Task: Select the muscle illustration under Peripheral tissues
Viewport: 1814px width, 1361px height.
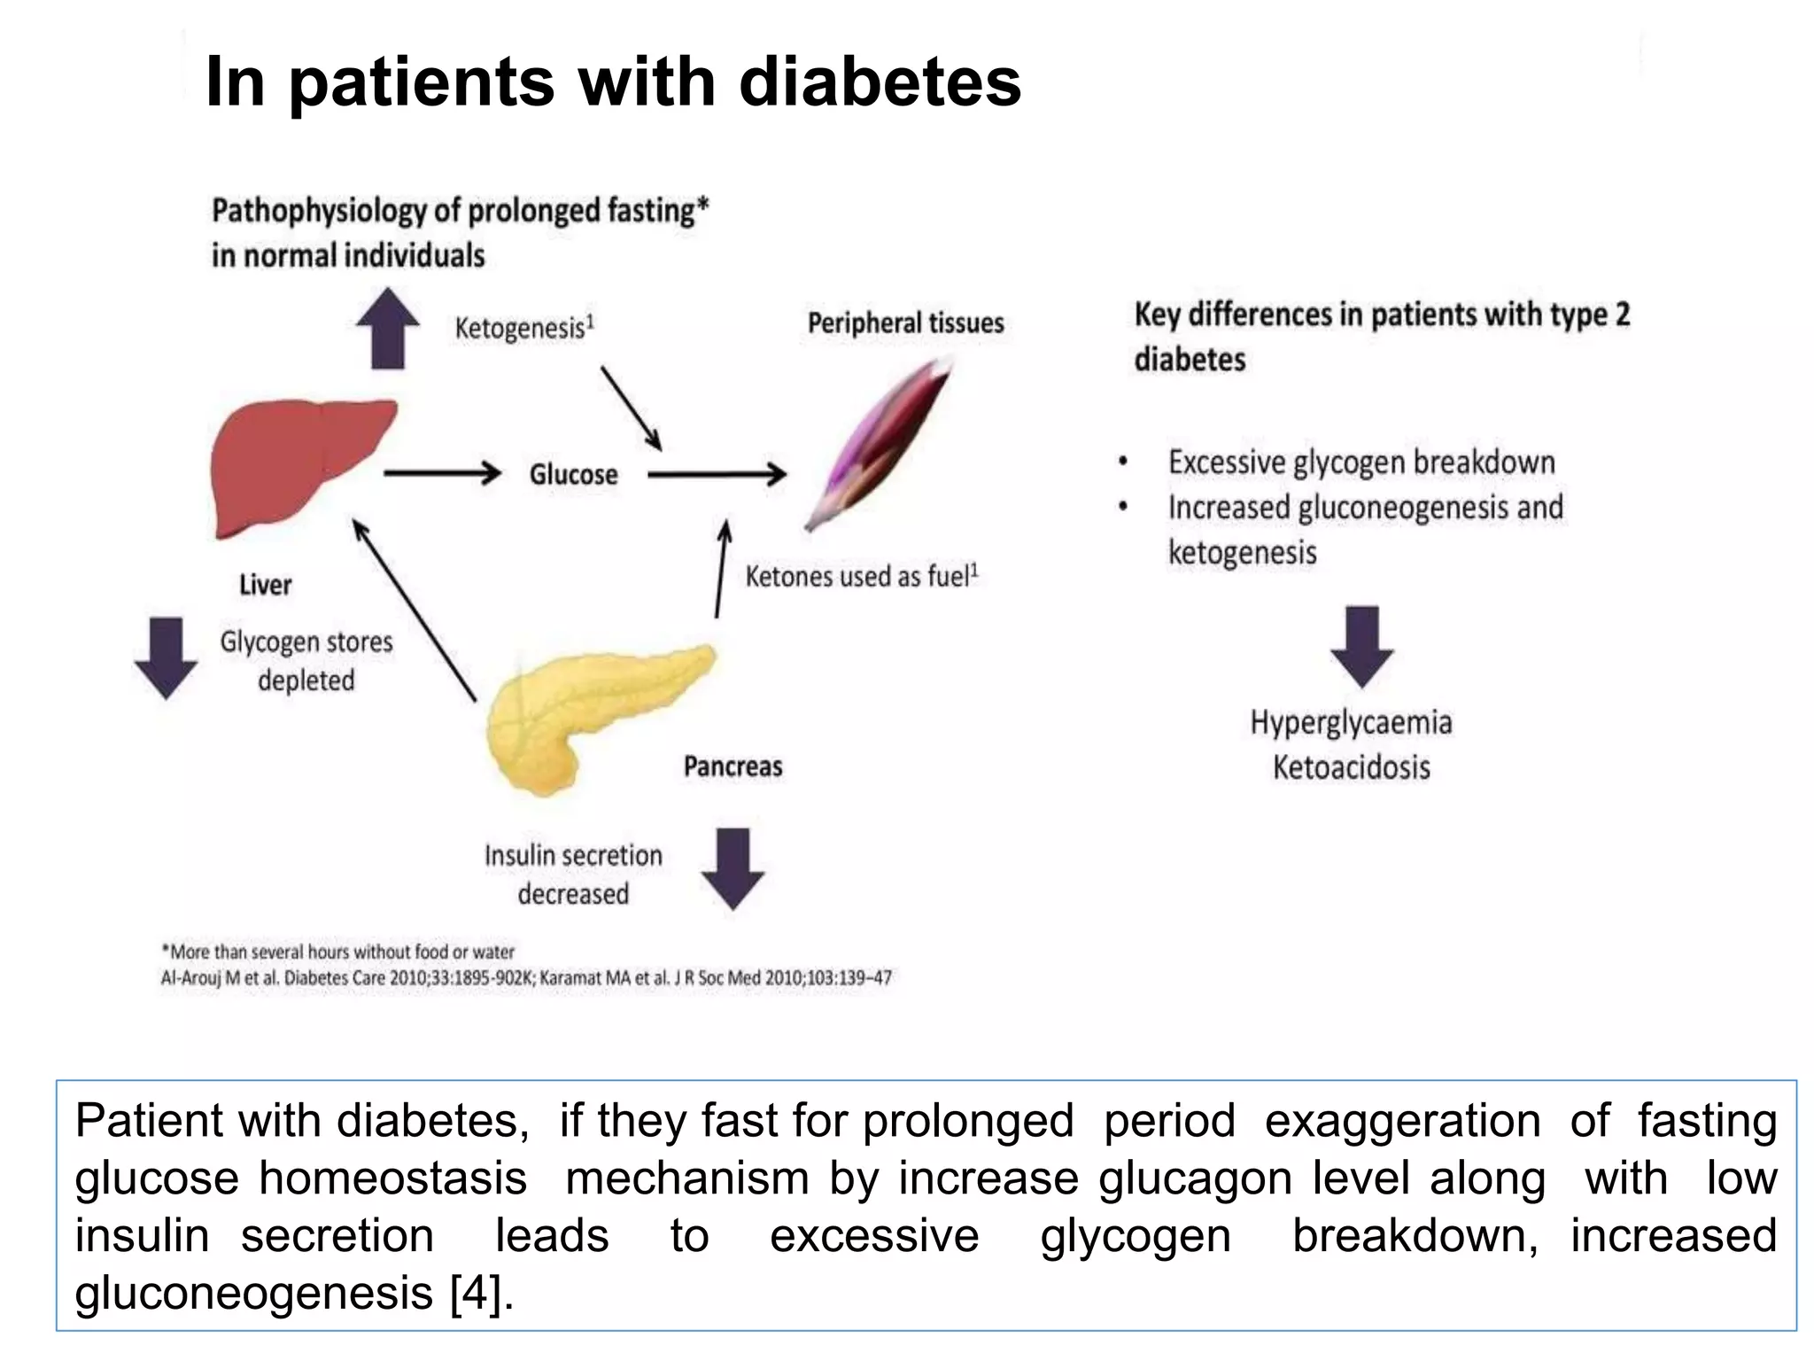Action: (x=877, y=443)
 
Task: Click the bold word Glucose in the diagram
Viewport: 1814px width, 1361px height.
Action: (x=573, y=474)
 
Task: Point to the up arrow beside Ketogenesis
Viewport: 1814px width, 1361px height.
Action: (x=388, y=328)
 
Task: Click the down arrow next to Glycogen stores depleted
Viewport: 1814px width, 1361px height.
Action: (x=166, y=658)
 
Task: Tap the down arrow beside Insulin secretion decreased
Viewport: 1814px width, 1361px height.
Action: (x=733, y=868)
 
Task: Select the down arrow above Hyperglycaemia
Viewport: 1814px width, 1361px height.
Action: (x=1361, y=647)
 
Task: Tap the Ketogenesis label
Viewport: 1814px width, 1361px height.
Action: (x=523, y=328)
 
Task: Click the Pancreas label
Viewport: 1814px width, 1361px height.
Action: (x=733, y=766)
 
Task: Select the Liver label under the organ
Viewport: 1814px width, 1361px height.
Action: (x=265, y=585)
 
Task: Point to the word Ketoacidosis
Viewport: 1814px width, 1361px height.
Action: (x=1351, y=767)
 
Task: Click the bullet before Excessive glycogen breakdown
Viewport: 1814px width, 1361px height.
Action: (x=1123, y=462)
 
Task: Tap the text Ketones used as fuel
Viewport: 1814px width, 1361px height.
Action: (x=859, y=577)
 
